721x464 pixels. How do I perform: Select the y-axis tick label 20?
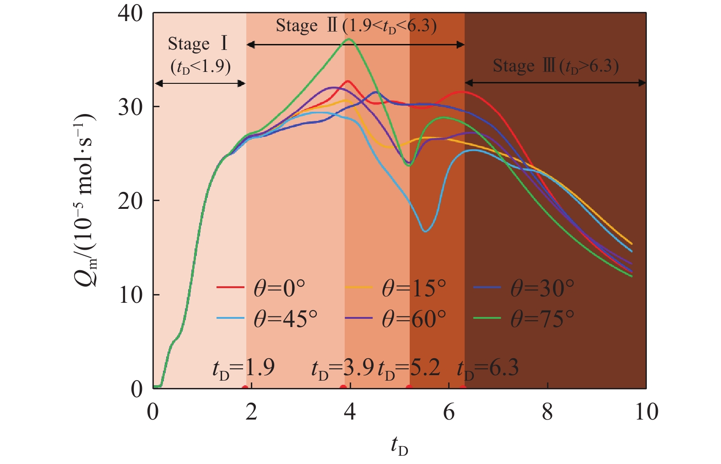click(130, 201)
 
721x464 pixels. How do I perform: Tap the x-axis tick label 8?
click(548, 412)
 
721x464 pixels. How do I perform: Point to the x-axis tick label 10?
click(646, 412)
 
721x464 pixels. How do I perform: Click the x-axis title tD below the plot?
click(399, 446)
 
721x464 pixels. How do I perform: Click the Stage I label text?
click(198, 44)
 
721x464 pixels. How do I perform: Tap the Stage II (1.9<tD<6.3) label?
click(356, 26)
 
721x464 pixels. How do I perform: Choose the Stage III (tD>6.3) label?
click(555, 66)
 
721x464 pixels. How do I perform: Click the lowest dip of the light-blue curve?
click(425, 231)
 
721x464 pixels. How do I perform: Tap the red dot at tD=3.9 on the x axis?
click(343, 388)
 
